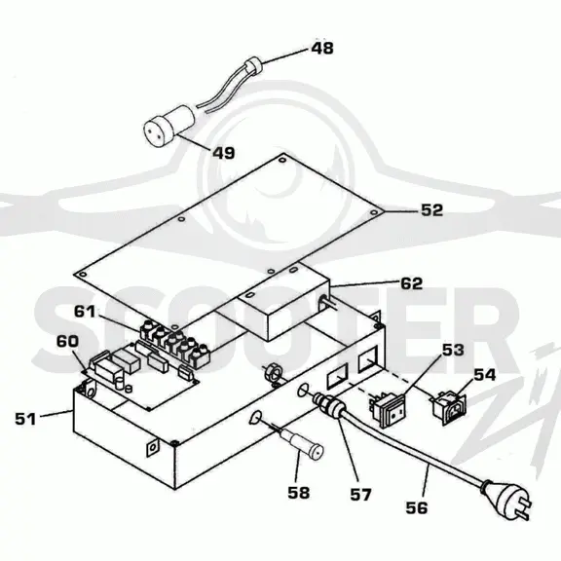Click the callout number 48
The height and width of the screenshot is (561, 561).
point(322,49)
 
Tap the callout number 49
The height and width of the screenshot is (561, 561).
point(224,153)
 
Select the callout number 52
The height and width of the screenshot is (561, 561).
point(431,210)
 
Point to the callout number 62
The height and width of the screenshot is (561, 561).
point(411,283)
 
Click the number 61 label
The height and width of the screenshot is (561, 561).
point(85,312)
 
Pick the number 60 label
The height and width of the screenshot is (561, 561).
point(67,341)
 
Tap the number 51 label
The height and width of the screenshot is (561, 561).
point(25,419)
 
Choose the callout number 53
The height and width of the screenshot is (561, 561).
point(453,350)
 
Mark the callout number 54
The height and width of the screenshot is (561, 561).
point(484,375)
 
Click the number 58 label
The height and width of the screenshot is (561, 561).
point(298,493)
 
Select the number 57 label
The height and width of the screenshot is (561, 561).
point(360,495)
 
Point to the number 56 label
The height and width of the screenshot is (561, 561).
point(417,507)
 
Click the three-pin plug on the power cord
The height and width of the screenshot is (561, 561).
point(506,498)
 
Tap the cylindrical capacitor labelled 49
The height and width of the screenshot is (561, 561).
point(168,124)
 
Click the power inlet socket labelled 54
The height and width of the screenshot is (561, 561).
point(449,407)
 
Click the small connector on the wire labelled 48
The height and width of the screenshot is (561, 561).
point(252,65)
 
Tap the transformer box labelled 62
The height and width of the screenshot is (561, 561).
point(275,301)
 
